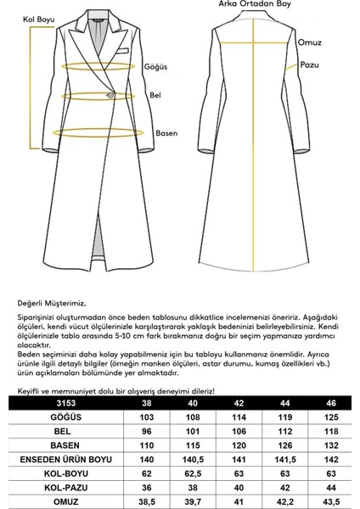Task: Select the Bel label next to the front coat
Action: coord(154,96)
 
